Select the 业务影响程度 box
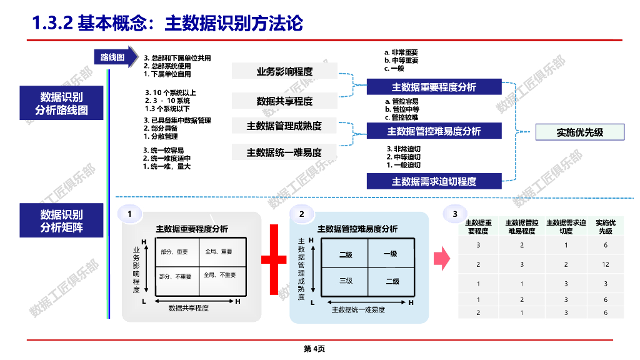click(284, 71)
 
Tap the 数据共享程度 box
click(284, 101)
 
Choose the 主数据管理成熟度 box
click(284, 126)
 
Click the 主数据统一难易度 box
click(284, 152)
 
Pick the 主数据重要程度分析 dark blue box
click(434, 87)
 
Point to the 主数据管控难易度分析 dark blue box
click(434, 131)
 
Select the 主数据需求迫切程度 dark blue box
click(434, 181)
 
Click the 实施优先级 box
click(580, 132)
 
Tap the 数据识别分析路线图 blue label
click(61, 104)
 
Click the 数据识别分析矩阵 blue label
click(61, 221)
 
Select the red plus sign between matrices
click(274, 259)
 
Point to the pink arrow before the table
click(442, 257)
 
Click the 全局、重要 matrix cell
click(218, 252)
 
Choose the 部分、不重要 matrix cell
click(175, 276)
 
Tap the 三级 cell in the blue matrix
click(346, 281)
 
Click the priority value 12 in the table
click(605, 264)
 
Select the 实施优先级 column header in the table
click(605, 226)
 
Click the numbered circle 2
click(301, 214)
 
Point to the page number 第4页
click(314, 349)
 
